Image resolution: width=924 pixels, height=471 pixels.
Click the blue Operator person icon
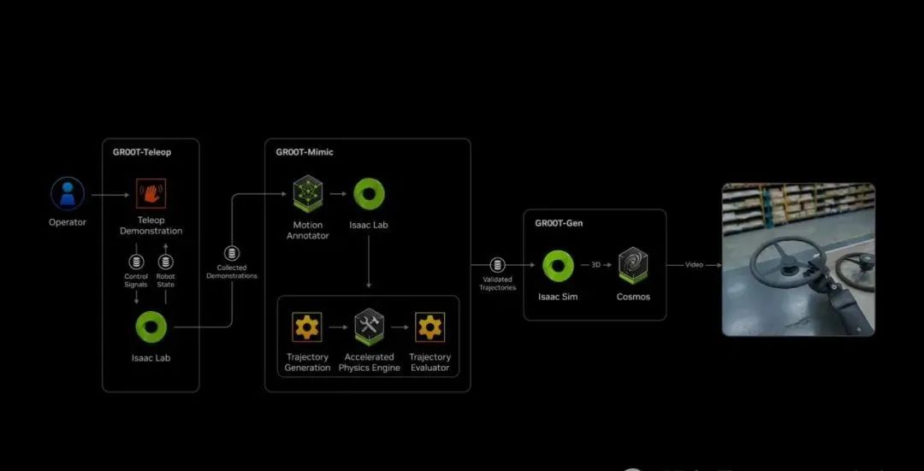click(67, 194)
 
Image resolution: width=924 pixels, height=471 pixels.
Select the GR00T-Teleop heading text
click(142, 152)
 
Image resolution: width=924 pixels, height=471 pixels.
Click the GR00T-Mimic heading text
click(305, 152)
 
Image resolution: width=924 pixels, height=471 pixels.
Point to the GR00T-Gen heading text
click(560, 223)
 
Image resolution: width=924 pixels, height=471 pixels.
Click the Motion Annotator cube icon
click(307, 194)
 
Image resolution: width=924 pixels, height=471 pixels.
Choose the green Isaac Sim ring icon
click(558, 266)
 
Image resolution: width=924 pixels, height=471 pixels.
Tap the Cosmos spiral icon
click(633, 266)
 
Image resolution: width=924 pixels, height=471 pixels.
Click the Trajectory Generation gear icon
click(307, 327)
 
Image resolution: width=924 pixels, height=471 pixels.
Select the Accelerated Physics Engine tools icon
click(369, 327)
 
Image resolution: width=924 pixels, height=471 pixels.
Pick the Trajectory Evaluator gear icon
click(429, 327)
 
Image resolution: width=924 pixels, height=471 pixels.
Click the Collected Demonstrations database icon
click(231, 254)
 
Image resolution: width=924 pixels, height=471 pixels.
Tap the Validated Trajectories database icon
click(497, 265)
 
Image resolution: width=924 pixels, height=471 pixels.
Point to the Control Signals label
click(136, 280)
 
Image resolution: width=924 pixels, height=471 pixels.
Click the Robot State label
click(166, 280)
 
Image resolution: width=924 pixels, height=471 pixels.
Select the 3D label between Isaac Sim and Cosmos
click(595, 265)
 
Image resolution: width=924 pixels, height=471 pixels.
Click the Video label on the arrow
click(694, 265)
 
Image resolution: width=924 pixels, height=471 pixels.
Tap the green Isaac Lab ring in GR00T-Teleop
click(151, 327)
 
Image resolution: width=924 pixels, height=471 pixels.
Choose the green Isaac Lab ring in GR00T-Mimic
click(369, 194)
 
